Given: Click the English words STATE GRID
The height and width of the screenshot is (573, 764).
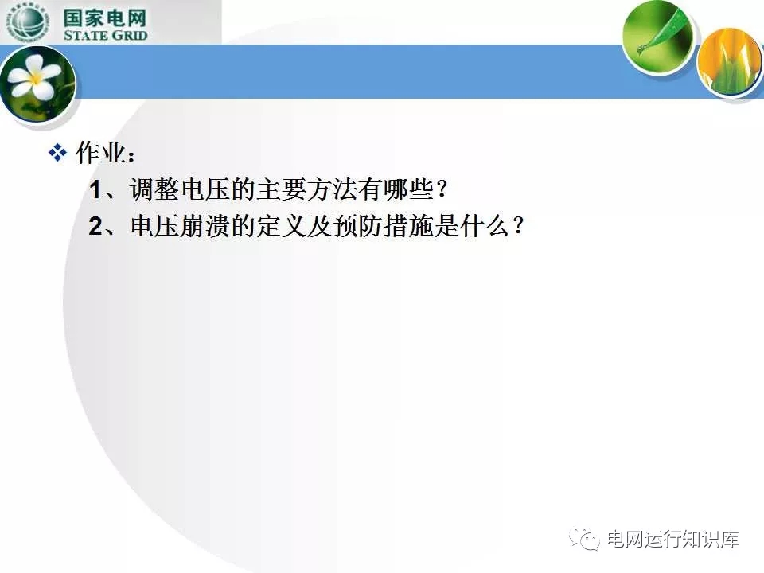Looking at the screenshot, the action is tap(105, 35).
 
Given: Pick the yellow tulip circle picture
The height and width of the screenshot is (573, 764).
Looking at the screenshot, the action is tap(730, 61).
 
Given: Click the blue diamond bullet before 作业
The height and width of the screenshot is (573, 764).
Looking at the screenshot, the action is tap(57, 153).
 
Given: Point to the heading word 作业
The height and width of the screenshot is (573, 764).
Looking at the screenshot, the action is tap(100, 153).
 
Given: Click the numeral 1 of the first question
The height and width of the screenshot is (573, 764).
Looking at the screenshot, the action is tap(95, 189).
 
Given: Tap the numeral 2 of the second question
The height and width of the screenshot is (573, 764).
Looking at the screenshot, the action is tap(95, 226).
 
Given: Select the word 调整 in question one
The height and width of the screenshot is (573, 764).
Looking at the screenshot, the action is tap(154, 189).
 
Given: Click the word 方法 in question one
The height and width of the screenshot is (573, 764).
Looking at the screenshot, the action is tap(333, 189).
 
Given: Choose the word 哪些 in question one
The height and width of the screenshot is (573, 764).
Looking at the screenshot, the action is tap(408, 189).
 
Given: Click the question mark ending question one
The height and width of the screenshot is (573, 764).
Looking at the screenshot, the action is tap(442, 189).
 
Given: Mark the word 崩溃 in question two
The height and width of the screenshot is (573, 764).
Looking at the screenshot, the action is tap(205, 225).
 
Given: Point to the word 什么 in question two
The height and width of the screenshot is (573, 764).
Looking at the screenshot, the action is tap(485, 225).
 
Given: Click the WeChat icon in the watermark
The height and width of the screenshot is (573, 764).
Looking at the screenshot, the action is tap(585, 539).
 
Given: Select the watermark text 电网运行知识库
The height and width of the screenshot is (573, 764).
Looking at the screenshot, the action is tap(673, 539).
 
